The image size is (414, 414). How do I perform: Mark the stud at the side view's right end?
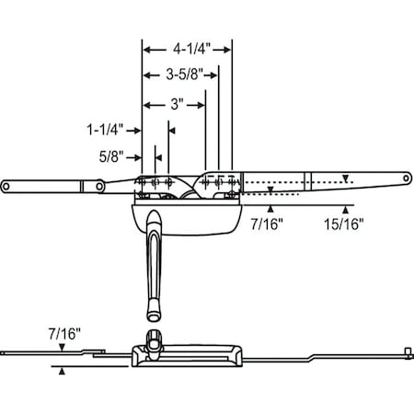pos(405,351)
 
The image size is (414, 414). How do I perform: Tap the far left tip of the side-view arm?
pos(7,351)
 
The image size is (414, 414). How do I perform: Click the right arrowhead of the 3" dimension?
pos(200,105)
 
